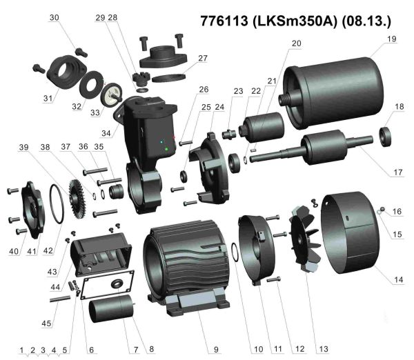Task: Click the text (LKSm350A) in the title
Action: click(295, 20)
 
